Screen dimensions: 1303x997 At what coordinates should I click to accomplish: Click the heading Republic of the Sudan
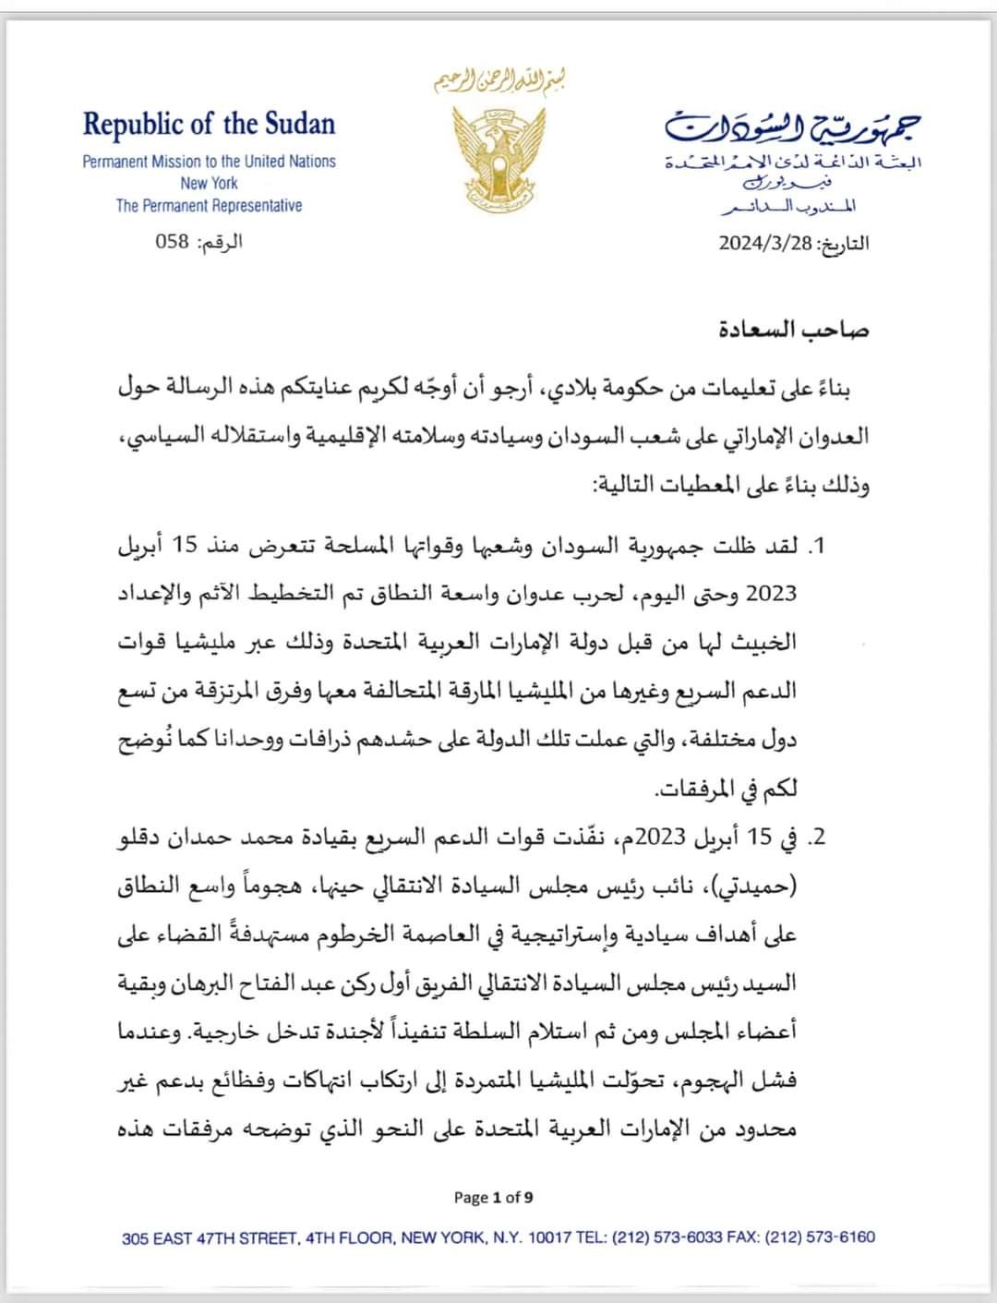coord(209,124)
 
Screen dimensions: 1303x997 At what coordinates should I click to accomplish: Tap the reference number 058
coord(172,242)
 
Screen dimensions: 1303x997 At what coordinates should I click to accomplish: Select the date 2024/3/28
coord(768,244)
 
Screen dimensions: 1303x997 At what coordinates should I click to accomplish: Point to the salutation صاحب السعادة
coord(794,330)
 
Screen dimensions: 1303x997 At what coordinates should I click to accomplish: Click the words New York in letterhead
coord(209,183)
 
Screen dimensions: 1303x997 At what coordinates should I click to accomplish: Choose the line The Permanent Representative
coord(209,205)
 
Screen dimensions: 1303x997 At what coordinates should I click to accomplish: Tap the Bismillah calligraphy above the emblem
coord(499,80)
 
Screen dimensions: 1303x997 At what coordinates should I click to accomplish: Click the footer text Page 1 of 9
coord(493,1198)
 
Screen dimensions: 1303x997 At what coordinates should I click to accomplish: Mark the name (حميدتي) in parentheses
coord(757,887)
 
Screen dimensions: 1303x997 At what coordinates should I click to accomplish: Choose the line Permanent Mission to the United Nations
coord(209,161)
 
